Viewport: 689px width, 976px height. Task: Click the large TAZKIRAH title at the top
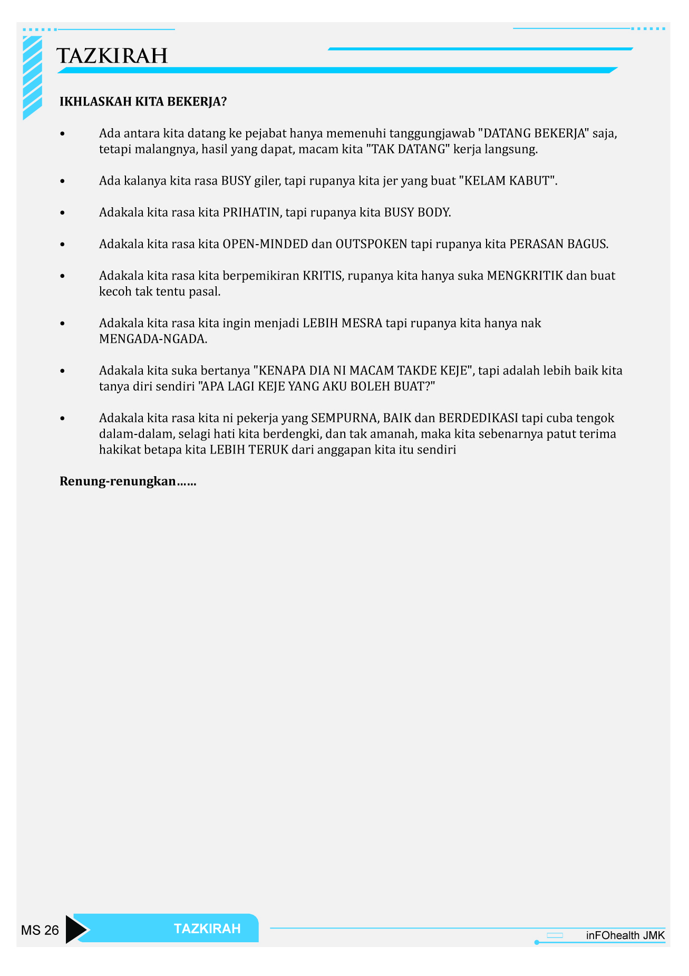[x=112, y=56]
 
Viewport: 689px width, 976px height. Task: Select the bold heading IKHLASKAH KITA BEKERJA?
[x=143, y=102]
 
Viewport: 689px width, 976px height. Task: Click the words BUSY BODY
[x=417, y=212]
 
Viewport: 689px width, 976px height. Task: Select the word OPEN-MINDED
[x=265, y=244]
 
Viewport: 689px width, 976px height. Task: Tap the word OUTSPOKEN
[x=371, y=244]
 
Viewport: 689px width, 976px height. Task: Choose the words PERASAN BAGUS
[x=558, y=244]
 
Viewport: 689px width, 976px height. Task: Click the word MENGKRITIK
[x=525, y=276]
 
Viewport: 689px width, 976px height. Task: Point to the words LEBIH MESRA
[x=342, y=323]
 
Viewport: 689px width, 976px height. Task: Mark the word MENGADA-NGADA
[x=153, y=339]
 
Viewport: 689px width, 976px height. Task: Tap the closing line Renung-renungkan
[x=128, y=481]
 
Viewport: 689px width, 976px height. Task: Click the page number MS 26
[x=40, y=930]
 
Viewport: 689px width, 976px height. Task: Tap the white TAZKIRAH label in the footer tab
[x=207, y=929]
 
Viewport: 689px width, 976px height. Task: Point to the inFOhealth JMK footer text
[x=625, y=935]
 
